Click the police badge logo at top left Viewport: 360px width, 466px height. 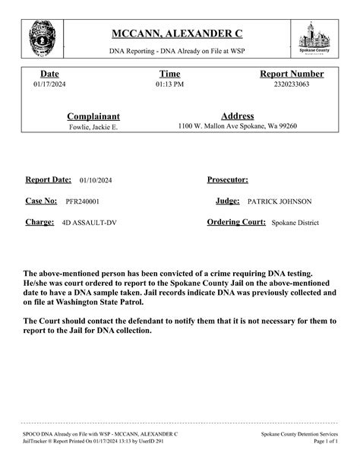pyautogui.click(x=41, y=36)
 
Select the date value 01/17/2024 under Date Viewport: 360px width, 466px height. pyautogui.click(x=49, y=84)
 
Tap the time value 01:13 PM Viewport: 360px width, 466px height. pyautogui.click(x=169, y=84)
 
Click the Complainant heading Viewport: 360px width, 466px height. pyautogui.click(x=93, y=116)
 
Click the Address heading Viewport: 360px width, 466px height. pyautogui.click(x=237, y=116)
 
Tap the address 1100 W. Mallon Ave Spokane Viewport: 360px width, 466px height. pyautogui.click(x=237, y=126)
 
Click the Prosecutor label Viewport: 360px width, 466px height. pyautogui.click(x=228, y=180)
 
